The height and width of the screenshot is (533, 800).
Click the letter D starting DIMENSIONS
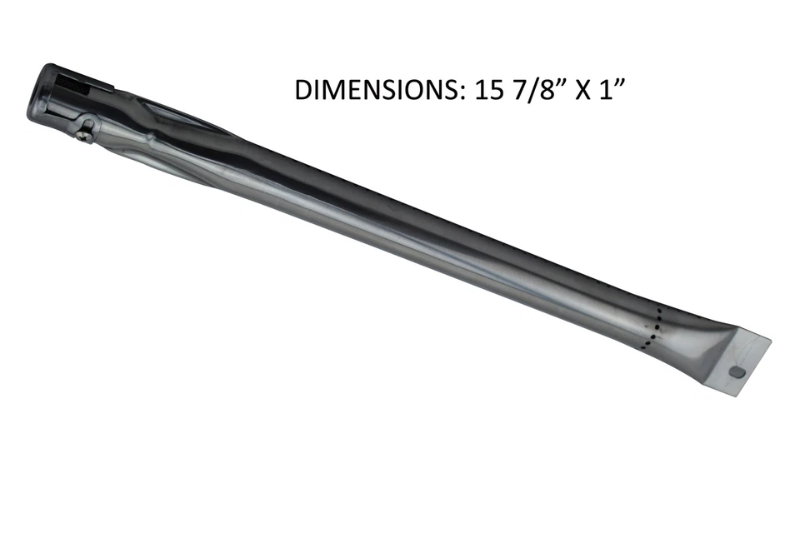(x=303, y=90)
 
